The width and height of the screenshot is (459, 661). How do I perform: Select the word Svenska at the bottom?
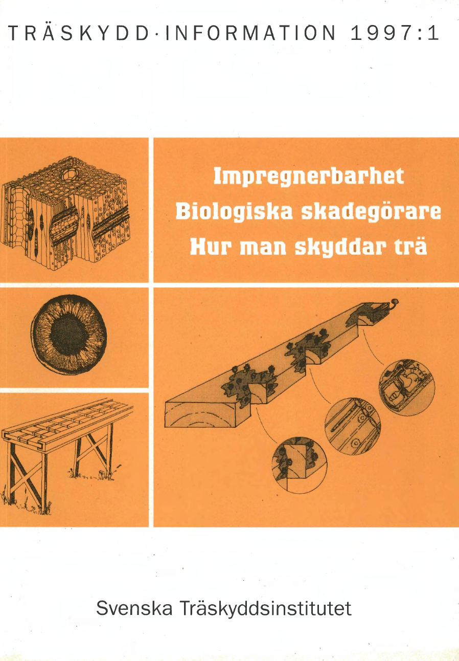tap(134, 608)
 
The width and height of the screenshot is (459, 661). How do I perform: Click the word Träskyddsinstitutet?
tap(266, 609)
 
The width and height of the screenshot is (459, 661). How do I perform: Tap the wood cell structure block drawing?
tap(65, 213)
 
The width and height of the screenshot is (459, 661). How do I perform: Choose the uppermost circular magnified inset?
tap(406, 387)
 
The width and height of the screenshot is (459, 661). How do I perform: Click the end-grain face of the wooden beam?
tap(200, 414)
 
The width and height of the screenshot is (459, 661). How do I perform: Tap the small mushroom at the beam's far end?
tap(395, 303)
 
